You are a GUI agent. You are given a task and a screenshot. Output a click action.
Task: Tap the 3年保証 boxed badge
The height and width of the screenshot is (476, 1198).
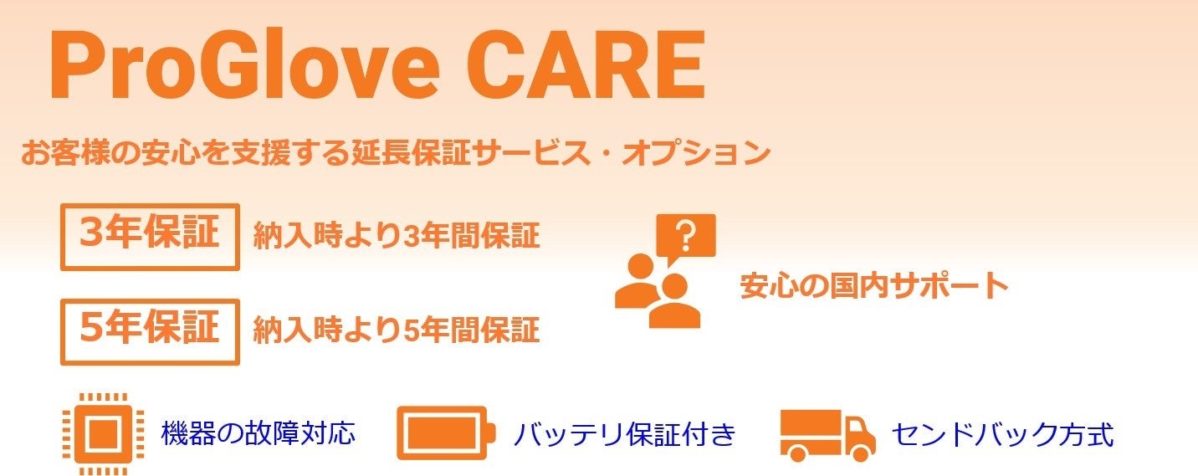click(150, 237)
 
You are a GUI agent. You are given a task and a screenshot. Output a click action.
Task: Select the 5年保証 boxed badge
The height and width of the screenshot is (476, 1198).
click(150, 331)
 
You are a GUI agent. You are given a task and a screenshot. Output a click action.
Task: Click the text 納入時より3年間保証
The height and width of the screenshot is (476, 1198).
click(397, 237)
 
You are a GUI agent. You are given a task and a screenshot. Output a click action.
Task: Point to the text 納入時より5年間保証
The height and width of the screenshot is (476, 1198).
click(397, 331)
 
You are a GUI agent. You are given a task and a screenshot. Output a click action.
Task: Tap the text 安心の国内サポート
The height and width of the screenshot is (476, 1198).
click(873, 287)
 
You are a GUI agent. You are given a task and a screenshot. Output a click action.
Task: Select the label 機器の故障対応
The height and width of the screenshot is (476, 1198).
click(259, 433)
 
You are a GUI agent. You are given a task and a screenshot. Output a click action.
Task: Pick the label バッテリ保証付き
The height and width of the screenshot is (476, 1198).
click(624, 435)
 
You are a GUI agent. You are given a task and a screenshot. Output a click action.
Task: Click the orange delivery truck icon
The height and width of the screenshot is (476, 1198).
click(827, 435)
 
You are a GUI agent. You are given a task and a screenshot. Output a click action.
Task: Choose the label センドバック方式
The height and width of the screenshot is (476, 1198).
click(1002, 435)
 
